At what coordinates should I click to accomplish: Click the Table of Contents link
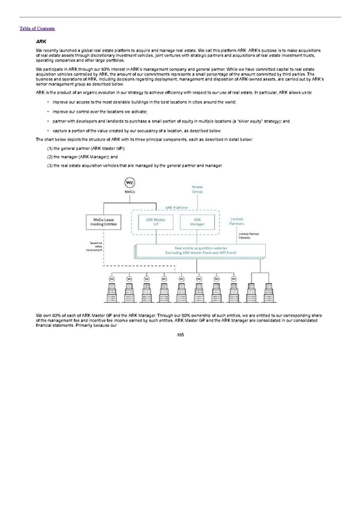[37, 28]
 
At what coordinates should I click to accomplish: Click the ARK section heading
[43, 41]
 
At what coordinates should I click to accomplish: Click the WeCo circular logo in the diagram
[129, 182]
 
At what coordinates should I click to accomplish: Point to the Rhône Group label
[197, 190]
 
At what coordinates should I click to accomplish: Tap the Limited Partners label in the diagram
[237, 221]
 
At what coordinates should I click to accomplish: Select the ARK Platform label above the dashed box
[176, 208]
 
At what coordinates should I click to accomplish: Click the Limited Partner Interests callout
[248, 236]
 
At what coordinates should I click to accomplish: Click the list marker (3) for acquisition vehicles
[50, 165]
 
